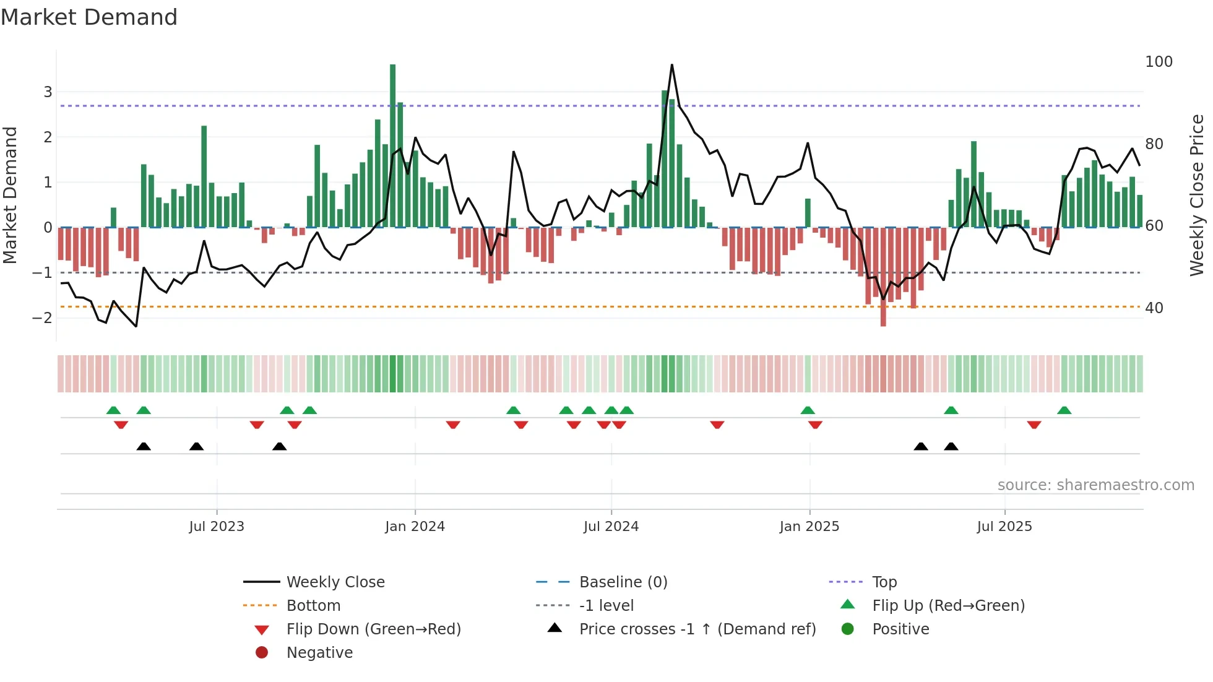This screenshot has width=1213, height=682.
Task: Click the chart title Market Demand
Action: pos(89,17)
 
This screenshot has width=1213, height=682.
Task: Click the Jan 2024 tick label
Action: pos(415,527)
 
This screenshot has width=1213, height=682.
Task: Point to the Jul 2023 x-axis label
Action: pos(217,527)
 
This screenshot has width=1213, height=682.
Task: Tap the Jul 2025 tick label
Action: pos(1004,527)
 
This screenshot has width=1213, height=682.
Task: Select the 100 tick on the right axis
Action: pos(1159,62)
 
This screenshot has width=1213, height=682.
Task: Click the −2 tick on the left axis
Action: pos(42,318)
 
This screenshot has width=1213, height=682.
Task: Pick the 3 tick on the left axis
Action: pos(48,92)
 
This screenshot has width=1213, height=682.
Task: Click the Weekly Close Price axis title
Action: pos(1197,195)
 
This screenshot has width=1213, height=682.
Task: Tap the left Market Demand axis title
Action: pos(10,195)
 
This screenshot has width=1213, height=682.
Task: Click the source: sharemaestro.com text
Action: pos(1095,485)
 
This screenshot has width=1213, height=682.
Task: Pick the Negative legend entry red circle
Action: pos(262,653)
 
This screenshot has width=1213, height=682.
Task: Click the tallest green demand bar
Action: pos(392,145)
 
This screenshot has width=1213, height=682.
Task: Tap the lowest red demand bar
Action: pos(883,277)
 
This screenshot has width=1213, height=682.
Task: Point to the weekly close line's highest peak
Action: pos(672,65)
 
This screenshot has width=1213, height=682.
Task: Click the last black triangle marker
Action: pos(951,447)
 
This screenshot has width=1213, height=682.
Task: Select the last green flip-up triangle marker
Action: pos(1064,410)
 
